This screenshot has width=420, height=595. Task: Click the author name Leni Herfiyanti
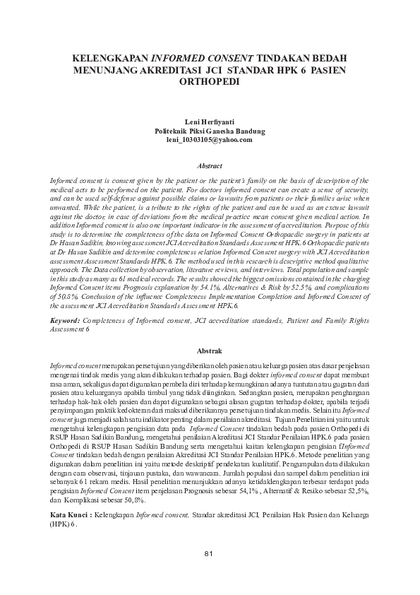pos(210,122)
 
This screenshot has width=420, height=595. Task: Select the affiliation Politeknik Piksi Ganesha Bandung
pos(210,131)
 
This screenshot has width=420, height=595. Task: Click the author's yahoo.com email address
pos(210,140)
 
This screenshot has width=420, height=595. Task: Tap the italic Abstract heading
pos(210,165)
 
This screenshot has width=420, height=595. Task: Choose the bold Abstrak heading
pos(210,350)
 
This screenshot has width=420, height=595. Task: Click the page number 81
pos(209,572)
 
